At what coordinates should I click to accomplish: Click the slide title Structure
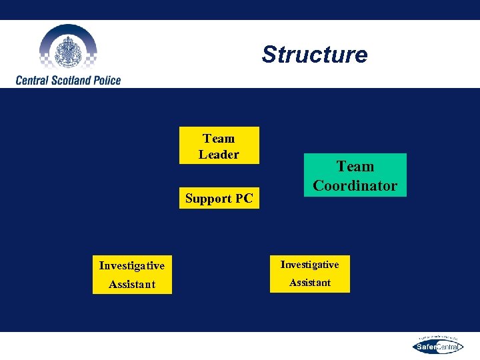[314, 55]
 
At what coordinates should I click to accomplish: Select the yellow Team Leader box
[219, 146]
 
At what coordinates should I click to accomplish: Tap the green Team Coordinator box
[355, 175]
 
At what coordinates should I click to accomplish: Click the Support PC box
[219, 199]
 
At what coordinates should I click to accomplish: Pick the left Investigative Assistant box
[132, 274]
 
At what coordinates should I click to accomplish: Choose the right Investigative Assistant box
[309, 273]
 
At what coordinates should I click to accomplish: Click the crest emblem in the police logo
[67, 49]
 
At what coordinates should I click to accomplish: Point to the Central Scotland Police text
[69, 80]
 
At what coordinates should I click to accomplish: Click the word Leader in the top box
[219, 155]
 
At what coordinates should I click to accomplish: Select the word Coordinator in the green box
[355, 186]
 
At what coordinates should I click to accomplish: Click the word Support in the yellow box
[207, 199]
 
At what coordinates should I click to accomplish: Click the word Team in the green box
[355, 166]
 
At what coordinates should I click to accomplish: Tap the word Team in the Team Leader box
[219, 139]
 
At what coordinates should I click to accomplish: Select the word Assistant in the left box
[132, 284]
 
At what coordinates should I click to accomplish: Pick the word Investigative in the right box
[309, 265]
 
